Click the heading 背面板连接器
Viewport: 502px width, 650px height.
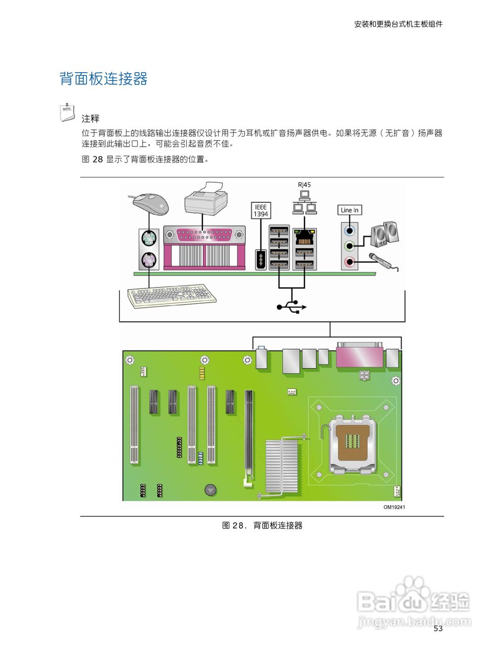click(x=104, y=79)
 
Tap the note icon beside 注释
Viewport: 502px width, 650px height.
click(x=66, y=112)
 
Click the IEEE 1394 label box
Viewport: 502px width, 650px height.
click(x=260, y=210)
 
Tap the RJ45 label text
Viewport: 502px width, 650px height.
click(x=304, y=185)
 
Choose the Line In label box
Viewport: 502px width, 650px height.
click(x=349, y=210)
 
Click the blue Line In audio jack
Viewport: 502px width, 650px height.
click(x=349, y=230)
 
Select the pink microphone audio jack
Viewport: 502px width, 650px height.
click(x=349, y=262)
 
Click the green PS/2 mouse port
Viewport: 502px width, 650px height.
click(x=149, y=238)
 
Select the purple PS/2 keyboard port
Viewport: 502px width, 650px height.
click(x=149, y=261)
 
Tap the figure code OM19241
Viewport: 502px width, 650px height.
click(x=394, y=507)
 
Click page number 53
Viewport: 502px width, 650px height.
click(x=438, y=628)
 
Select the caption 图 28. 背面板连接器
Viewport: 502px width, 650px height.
click(x=262, y=526)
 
